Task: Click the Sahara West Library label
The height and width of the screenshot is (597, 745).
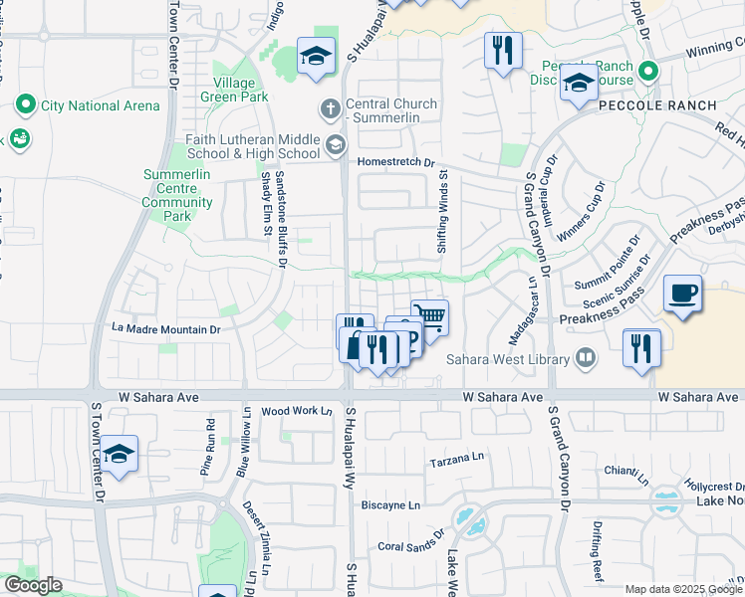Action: pyautogui.click(x=508, y=359)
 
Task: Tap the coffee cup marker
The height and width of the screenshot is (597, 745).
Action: pyautogui.click(x=682, y=294)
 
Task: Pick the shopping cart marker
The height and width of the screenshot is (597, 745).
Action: pyautogui.click(x=429, y=317)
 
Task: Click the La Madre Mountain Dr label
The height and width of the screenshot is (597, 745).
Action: pyautogui.click(x=165, y=329)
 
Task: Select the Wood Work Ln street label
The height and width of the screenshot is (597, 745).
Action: pyautogui.click(x=296, y=411)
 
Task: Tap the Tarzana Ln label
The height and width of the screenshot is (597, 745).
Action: pyautogui.click(x=455, y=460)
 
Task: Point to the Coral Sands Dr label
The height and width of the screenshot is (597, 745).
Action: pyautogui.click(x=410, y=546)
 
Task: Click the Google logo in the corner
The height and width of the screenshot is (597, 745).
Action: pyautogui.click(x=32, y=585)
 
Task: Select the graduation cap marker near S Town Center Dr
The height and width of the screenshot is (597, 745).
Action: pyautogui.click(x=119, y=454)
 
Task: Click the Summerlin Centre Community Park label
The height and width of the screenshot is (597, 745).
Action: pyautogui.click(x=178, y=195)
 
